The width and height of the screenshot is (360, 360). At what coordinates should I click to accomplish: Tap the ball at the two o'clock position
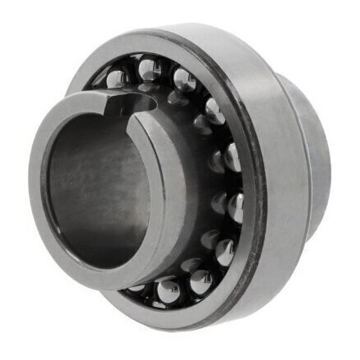point(214,110)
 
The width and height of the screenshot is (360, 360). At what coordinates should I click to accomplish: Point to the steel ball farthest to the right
point(235,205)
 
